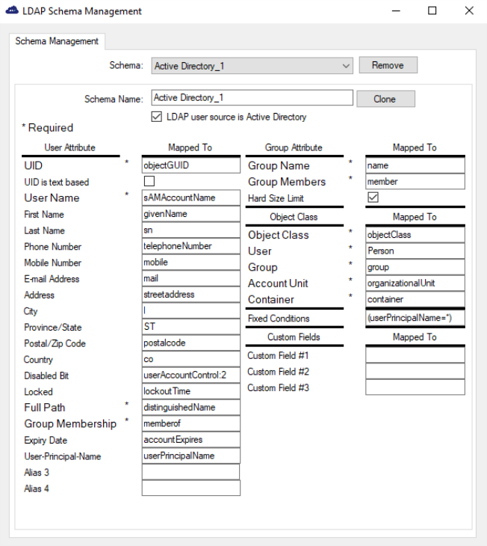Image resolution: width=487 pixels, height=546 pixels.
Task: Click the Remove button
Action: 388,66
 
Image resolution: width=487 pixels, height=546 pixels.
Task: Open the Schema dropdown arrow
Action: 346,66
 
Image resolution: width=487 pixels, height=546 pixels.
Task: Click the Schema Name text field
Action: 252,98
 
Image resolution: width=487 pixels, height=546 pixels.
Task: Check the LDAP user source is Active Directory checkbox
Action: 157,117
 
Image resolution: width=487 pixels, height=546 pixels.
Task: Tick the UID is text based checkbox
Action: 149,182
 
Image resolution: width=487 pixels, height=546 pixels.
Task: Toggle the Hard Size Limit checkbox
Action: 373,198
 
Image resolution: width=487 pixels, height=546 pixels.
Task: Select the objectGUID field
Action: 190,165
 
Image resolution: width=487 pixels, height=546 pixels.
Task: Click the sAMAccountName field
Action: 190,197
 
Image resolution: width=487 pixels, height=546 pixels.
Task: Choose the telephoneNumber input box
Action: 190,246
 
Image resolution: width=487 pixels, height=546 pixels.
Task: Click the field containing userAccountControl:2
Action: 190,375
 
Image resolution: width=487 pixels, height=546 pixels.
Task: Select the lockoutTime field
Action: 190,391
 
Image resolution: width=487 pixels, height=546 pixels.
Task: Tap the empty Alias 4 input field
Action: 190,488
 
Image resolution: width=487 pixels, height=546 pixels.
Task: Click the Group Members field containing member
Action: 415,182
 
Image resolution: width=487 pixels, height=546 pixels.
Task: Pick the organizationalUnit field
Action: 415,283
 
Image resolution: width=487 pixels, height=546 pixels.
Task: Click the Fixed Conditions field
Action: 415,319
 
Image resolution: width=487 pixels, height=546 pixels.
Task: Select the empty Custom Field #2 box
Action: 415,372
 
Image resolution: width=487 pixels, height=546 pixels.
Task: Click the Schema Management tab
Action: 57,41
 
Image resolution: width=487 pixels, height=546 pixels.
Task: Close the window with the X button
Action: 468,11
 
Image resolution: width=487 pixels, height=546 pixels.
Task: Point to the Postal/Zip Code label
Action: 55,343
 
